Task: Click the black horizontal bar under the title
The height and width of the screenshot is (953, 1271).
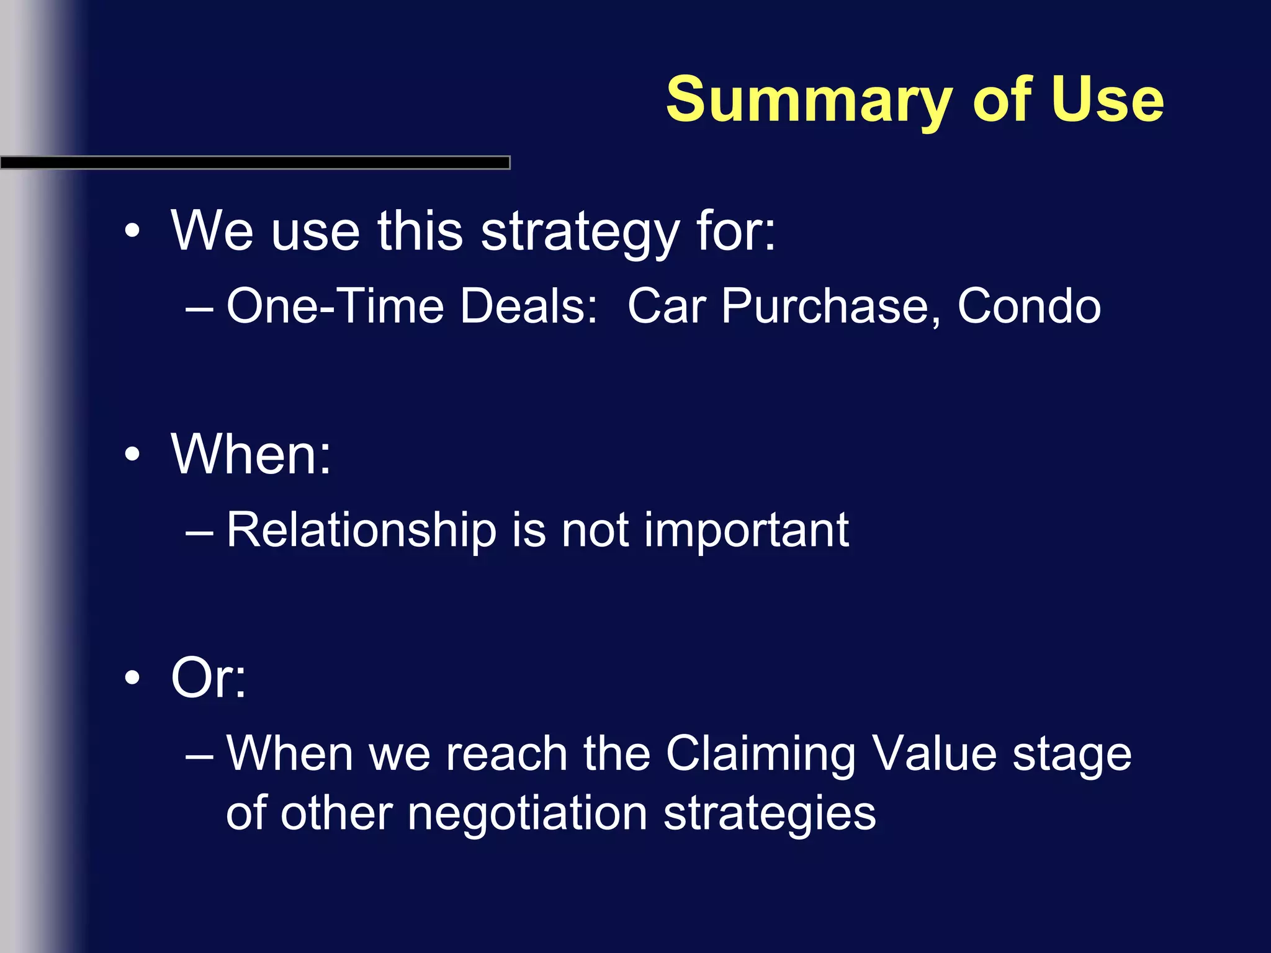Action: pyautogui.click(x=254, y=163)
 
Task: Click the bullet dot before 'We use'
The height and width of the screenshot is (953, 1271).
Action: pyautogui.click(x=132, y=231)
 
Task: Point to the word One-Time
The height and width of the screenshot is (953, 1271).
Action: pyautogui.click(x=335, y=306)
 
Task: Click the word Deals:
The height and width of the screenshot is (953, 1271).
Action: pyautogui.click(x=528, y=306)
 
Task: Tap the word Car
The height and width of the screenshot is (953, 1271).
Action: pyautogui.click(x=667, y=306)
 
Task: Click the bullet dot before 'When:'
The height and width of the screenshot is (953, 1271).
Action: pyautogui.click(x=132, y=454)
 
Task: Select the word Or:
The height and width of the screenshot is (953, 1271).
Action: pyautogui.click(x=209, y=678)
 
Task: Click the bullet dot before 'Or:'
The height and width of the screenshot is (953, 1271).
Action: pyautogui.click(x=132, y=678)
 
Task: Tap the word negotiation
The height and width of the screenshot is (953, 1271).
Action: pyautogui.click(x=528, y=814)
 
